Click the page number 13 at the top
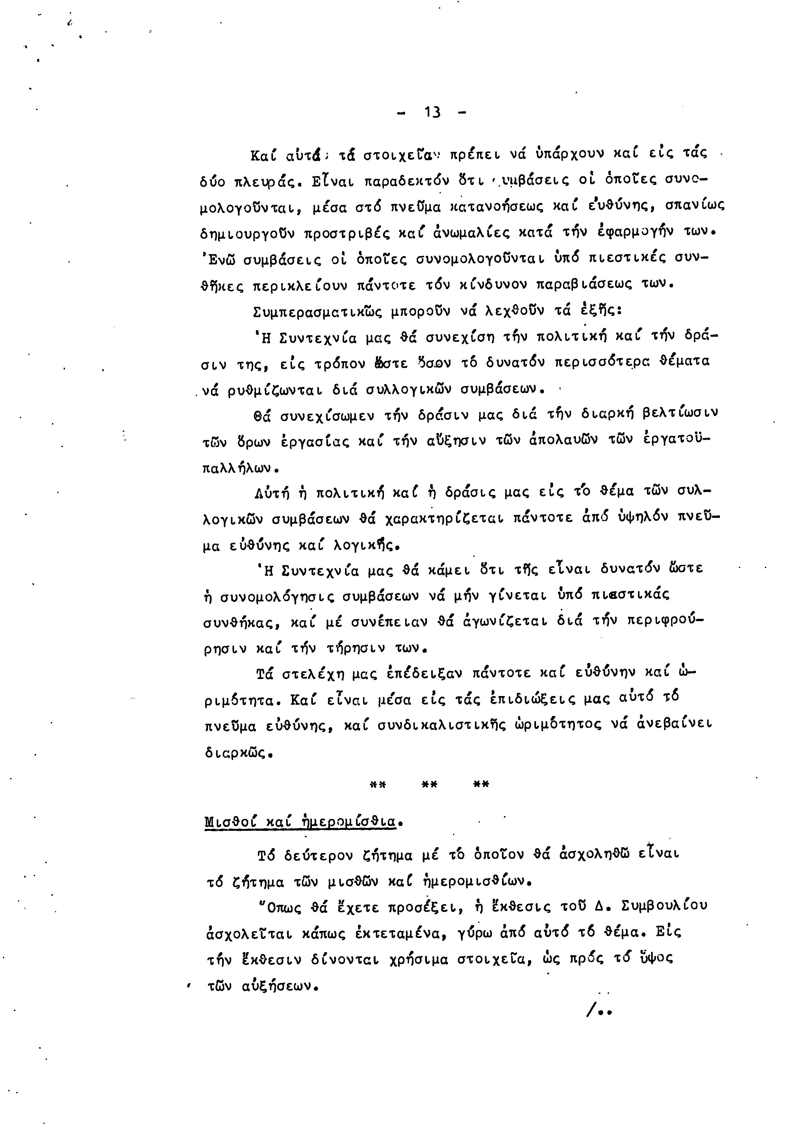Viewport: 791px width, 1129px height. point(432,113)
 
